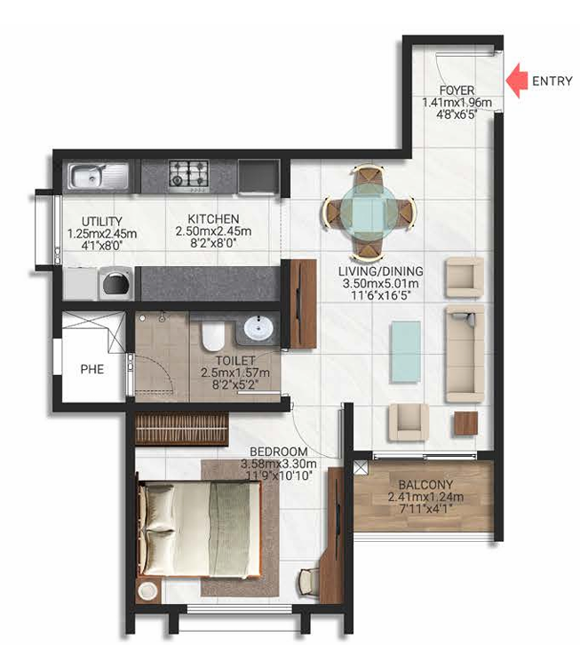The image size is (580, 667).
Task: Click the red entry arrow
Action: (x=516, y=82)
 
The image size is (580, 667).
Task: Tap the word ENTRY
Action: (x=552, y=82)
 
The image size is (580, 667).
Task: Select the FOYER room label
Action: (x=457, y=90)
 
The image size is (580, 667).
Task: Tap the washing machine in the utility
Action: (x=115, y=285)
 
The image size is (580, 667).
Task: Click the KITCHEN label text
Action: (x=212, y=219)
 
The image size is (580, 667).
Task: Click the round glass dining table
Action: (x=368, y=210)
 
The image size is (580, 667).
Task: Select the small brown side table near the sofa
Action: (x=465, y=423)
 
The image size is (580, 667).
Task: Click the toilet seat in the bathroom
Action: (x=211, y=336)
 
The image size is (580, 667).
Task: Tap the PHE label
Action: (x=91, y=368)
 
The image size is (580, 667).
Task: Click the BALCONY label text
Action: (x=422, y=485)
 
